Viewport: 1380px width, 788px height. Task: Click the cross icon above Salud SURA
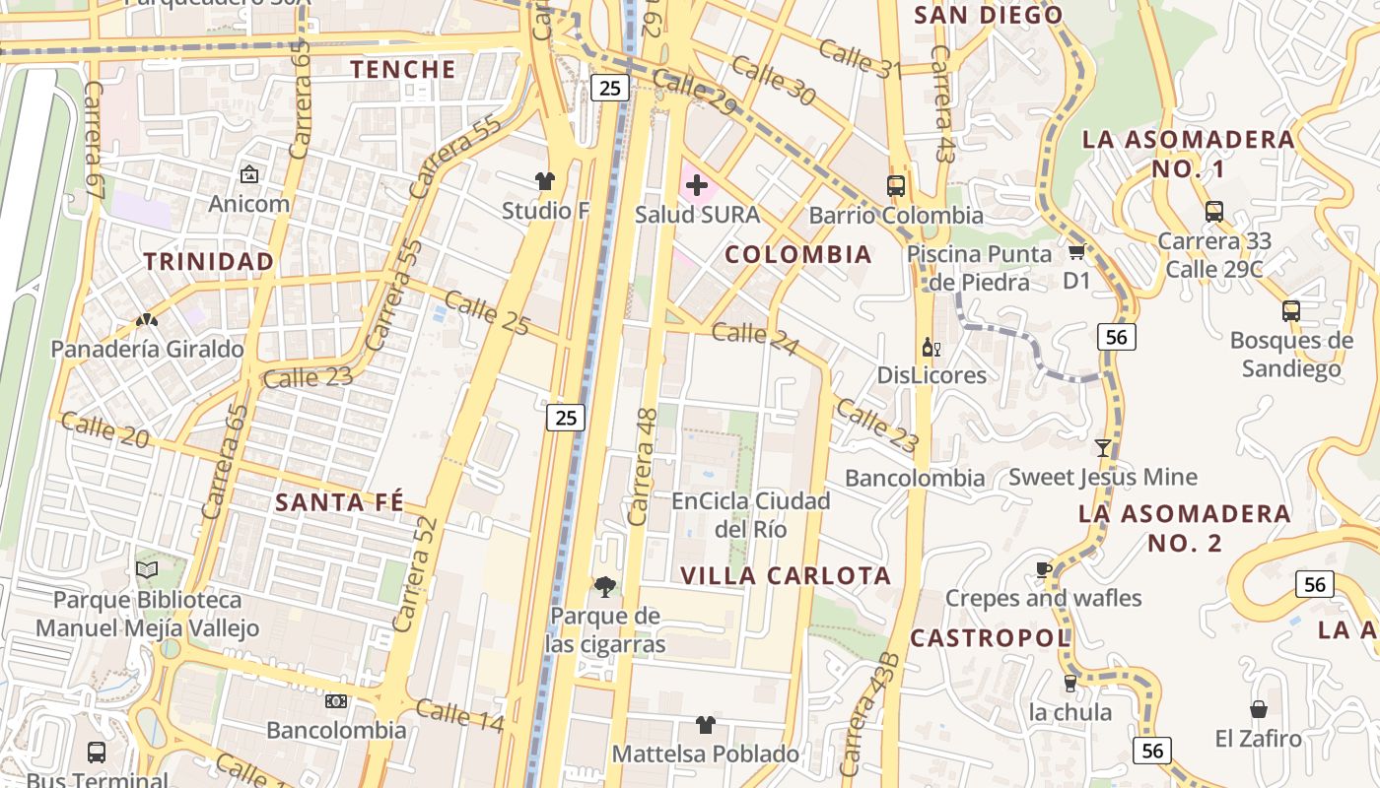click(x=697, y=184)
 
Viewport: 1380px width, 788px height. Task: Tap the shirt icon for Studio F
click(x=545, y=180)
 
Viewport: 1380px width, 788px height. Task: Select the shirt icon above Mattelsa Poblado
click(x=705, y=725)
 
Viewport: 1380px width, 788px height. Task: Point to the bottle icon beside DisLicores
click(x=931, y=347)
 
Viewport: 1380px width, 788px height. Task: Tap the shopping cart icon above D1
click(x=1076, y=252)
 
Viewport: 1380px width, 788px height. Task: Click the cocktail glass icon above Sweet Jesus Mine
click(x=1103, y=448)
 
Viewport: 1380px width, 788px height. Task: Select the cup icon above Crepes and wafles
click(x=1043, y=569)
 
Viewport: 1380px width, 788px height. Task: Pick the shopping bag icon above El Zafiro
click(x=1259, y=709)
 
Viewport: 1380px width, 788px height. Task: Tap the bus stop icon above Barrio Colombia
click(x=896, y=185)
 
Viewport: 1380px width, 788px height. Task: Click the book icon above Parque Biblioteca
click(x=147, y=569)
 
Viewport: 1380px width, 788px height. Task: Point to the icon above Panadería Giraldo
click(x=147, y=320)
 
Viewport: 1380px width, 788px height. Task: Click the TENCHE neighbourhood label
click(x=403, y=69)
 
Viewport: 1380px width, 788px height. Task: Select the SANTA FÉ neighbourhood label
click(x=340, y=502)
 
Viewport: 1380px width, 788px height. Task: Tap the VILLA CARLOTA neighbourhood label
click(x=786, y=575)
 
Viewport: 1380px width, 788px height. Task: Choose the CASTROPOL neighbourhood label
click(x=990, y=638)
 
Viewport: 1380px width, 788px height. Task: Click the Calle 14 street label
click(x=459, y=716)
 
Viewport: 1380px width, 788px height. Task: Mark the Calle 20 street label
click(x=104, y=429)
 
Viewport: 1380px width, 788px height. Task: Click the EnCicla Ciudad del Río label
click(x=751, y=514)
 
